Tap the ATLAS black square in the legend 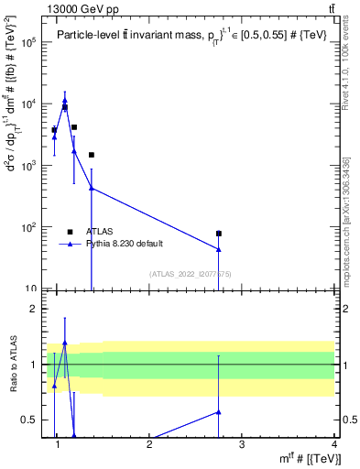(71, 232)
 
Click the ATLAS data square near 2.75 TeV (219, 234)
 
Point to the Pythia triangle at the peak (64, 101)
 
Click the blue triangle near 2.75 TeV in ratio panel (219, 412)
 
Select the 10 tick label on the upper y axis (30, 289)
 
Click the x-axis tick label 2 (149, 446)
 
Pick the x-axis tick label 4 (334, 446)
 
